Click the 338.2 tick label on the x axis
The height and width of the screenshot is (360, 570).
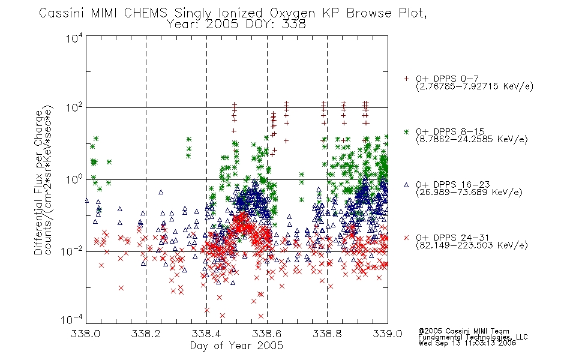(x=146, y=334)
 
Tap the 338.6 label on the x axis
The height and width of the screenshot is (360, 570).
(x=267, y=334)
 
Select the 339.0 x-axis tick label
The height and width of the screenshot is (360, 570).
(x=388, y=334)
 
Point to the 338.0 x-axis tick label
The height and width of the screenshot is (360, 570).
(x=85, y=334)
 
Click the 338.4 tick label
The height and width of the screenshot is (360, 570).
(x=206, y=334)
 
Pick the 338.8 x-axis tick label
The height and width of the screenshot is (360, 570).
(x=327, y=334)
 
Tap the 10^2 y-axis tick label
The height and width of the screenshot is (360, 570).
(x=74, y=107)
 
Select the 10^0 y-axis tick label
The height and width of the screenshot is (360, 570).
(x=74, y=179)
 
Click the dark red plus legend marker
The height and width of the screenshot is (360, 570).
(x=406, y=79)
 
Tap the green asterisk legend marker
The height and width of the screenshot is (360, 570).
(x=406, y=131)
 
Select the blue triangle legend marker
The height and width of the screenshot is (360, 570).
(x=406, y=185)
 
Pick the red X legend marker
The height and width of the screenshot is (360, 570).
(x=406, y=238)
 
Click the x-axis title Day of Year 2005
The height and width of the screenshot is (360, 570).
(x=236, y=346)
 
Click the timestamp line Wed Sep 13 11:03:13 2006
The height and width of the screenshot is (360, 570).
(x=467, y=343)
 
